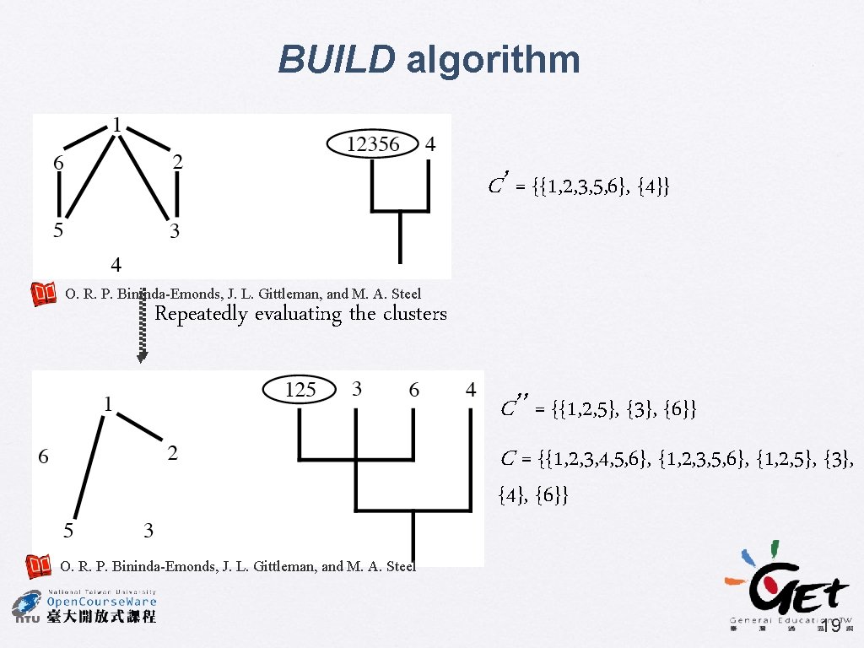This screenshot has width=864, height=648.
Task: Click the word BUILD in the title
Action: click(x=336, y=61)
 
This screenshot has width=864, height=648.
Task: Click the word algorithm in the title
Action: click(x=494, y=61)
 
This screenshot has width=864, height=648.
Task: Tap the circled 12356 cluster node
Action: click(x=373, y=144)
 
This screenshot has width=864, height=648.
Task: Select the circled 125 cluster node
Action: click(x=300, y=390)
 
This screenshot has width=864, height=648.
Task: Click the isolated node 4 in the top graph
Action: click(x=116, y=265)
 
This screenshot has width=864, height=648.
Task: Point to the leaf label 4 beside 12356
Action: click(x=430, y=144)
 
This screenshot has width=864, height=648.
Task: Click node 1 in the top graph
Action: click(x=116, y=124)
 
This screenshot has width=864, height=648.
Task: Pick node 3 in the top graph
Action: click(x=175, y=232)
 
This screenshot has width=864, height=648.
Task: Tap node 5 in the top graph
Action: click(x=58, y=230)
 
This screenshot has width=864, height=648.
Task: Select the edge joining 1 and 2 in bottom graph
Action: click(x=139, y=426)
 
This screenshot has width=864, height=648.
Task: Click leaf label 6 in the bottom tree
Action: click(x=413, y=390)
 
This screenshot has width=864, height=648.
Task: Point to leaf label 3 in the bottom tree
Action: click(x=357, y=389)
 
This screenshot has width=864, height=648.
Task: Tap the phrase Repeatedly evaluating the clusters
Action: click(x=300, y=314)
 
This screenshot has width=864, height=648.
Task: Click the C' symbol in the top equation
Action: click(x=498, y=184)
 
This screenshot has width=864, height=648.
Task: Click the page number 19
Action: click(x=830, y=626)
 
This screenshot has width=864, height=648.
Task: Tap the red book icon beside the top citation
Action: click(x=44, y=294)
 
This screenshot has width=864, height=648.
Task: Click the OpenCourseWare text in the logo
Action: click(x=101, y=602)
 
